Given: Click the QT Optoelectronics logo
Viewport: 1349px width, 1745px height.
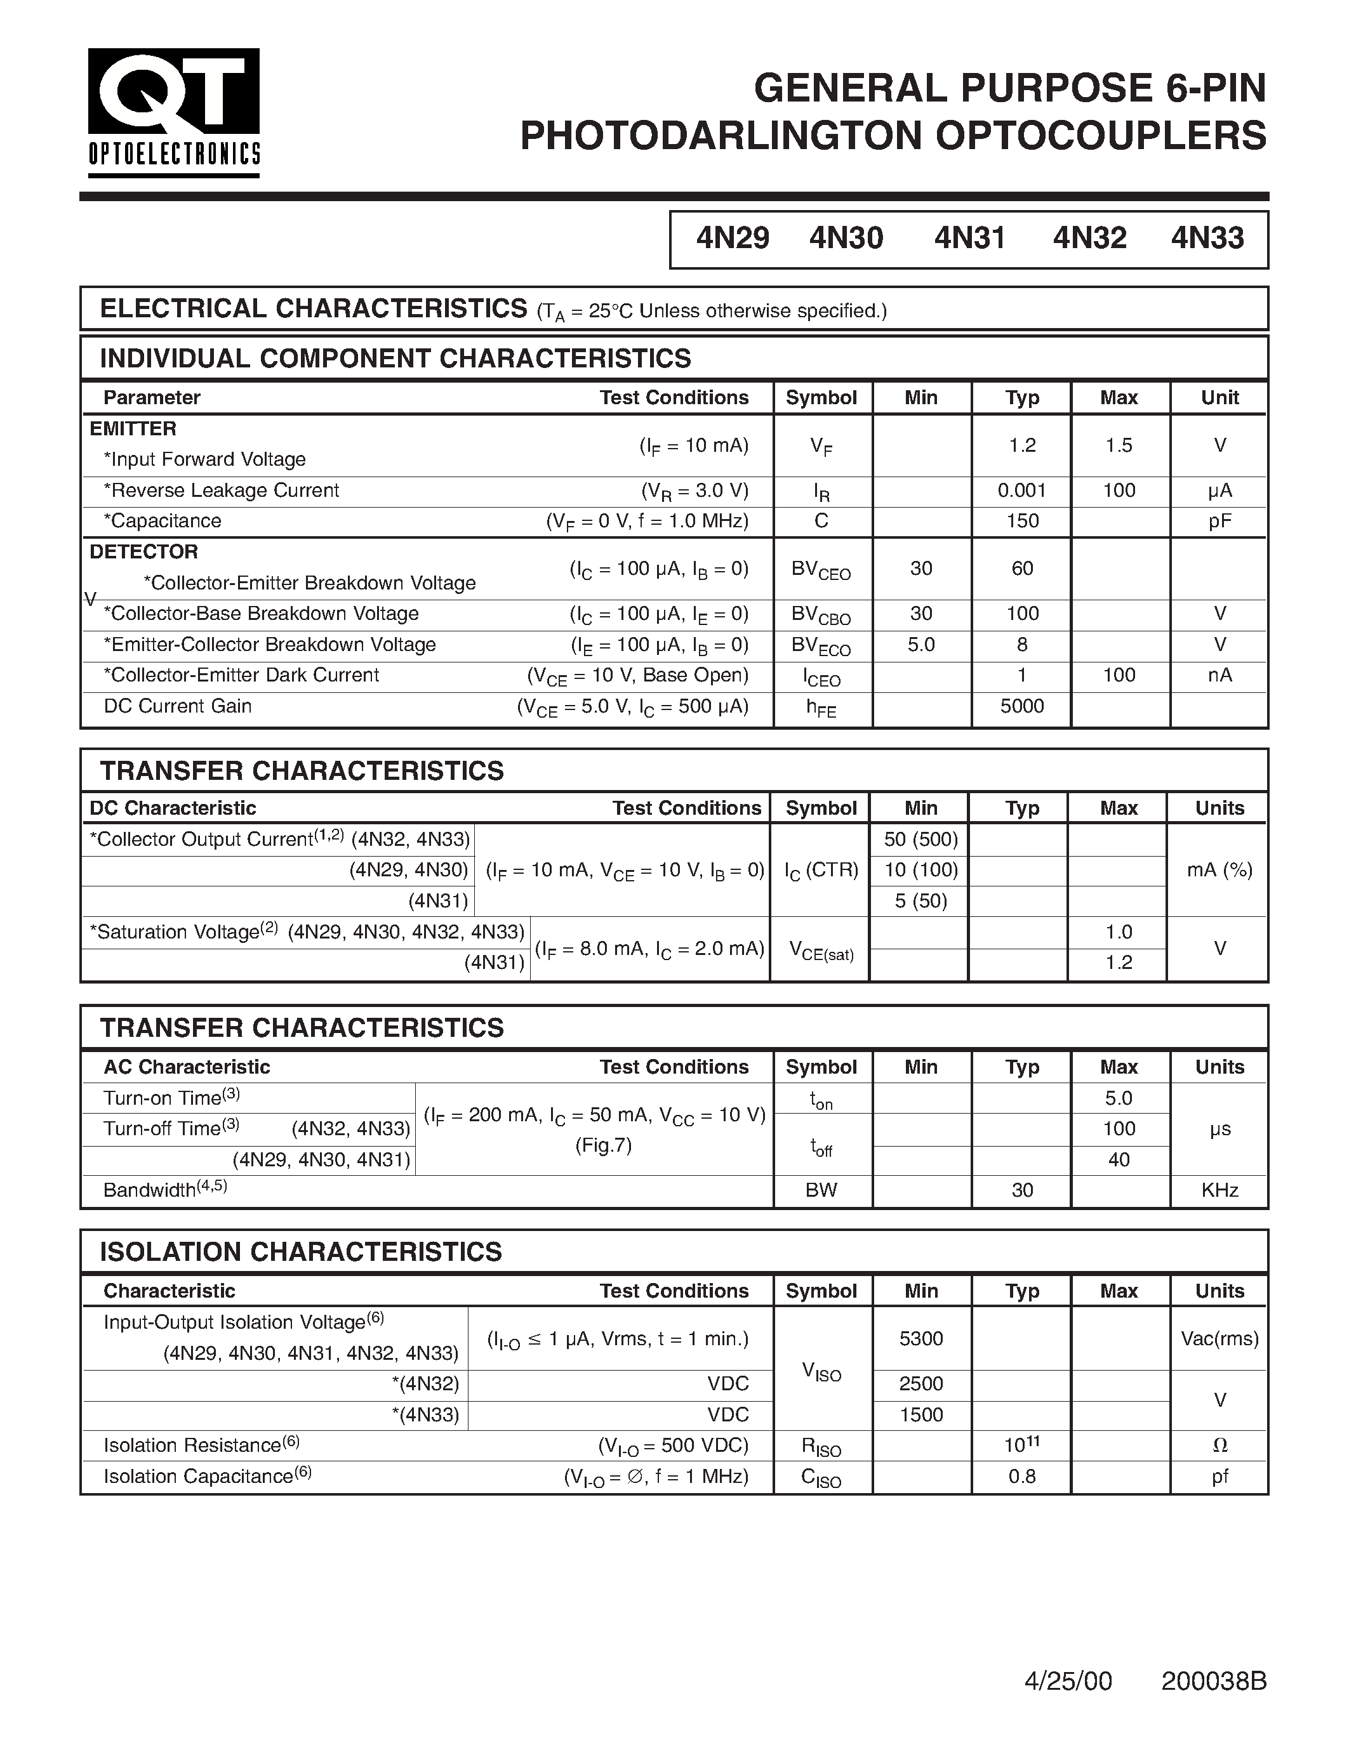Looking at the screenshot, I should tap(173, 112).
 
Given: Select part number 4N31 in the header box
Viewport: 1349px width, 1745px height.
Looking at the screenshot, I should tap(969, 238).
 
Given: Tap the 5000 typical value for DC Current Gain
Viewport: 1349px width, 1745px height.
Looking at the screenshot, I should tap(1021, 706).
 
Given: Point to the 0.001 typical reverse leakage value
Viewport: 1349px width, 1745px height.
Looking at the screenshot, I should tap(1021, 491).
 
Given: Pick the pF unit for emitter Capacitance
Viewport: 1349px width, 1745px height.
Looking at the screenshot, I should tap(1219, 521).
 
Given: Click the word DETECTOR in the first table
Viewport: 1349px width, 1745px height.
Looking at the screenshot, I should tap(144, 552).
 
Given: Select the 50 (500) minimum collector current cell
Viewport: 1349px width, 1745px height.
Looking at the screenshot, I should tap(920, 840).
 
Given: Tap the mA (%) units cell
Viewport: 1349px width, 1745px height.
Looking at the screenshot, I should tap(1219, 870).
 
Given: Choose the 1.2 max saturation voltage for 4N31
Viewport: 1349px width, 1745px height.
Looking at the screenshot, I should tap(1118, 963).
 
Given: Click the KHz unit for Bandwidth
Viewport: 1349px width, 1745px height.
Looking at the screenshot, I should tap(1219, 1190).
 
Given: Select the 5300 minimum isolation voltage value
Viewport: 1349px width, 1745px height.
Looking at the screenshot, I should tap(920, 1339).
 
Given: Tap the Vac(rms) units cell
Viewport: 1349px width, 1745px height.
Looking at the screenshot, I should tap(1219, 1339).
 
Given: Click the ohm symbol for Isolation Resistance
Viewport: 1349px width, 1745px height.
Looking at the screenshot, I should tap(1219, 1445).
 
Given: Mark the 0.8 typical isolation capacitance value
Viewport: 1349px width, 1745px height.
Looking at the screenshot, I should tap(1021, 1477).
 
